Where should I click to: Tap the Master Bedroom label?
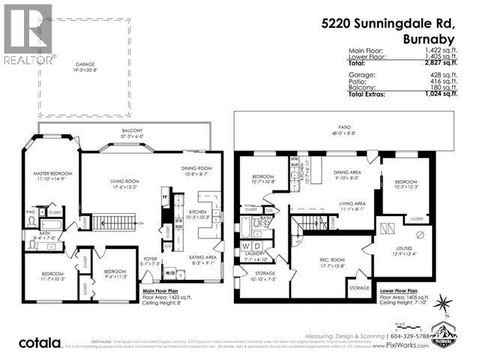(50, 175)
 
